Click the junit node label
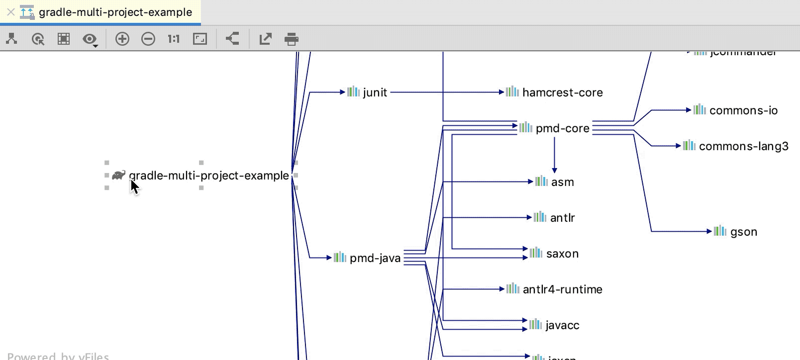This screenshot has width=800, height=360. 375,92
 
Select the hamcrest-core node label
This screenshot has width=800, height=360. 562,92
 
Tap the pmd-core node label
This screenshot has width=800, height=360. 562,128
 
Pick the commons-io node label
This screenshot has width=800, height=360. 743,110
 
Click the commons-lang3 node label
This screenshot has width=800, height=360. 743,146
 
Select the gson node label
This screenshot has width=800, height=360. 743,232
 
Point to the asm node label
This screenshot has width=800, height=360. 562,182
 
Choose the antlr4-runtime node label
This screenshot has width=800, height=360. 562,289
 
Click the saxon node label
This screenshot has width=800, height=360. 562,254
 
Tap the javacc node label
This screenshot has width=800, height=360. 562,325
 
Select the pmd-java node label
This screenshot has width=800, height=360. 375,258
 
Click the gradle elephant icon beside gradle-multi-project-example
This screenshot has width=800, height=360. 118,175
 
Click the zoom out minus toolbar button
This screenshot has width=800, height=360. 148,39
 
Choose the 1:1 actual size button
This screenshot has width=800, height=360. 174,39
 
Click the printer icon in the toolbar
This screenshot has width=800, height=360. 292,39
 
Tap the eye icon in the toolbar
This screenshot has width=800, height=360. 90,39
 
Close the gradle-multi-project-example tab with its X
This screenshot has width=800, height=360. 10,12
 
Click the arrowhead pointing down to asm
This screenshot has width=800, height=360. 554,170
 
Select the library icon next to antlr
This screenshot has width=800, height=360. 540,217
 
